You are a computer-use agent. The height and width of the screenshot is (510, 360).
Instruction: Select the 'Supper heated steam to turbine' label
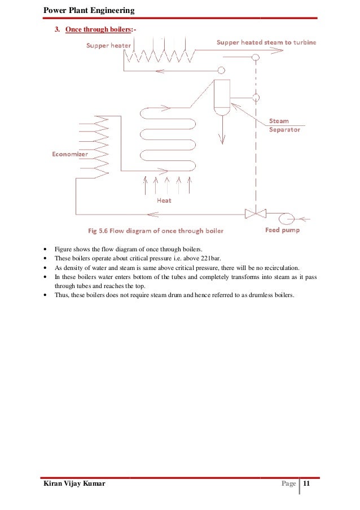tap(266, 42)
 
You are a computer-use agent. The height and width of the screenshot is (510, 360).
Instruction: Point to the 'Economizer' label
tap(70, 154)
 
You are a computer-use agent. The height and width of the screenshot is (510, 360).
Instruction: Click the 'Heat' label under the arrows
tap(164, 200)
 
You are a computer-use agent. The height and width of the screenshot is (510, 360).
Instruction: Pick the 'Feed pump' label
tap(282, 230)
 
